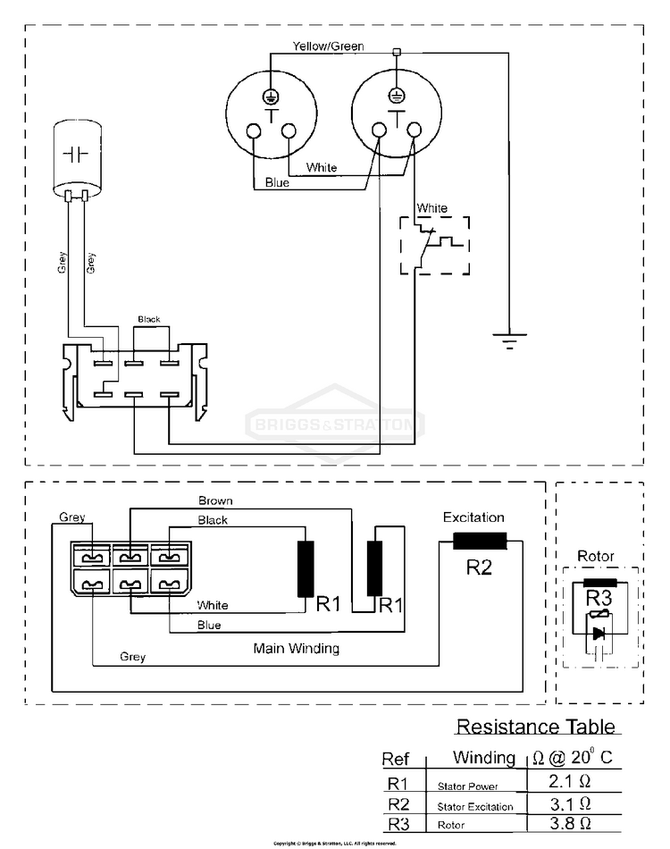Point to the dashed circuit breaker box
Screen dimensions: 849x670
[433, 244]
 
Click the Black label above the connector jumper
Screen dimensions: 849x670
[148, 319]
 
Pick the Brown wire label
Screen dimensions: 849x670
[215, 501]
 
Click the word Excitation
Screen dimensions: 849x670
[473, 517]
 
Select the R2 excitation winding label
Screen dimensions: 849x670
[480, 567]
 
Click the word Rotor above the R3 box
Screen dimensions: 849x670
[596, 556]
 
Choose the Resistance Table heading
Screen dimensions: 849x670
[535, 727]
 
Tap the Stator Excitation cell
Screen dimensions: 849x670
[475, 807]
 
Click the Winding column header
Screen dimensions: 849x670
[483, 759]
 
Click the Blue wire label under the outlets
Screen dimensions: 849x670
[277, 183]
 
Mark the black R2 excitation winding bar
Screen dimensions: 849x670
[480, 541]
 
